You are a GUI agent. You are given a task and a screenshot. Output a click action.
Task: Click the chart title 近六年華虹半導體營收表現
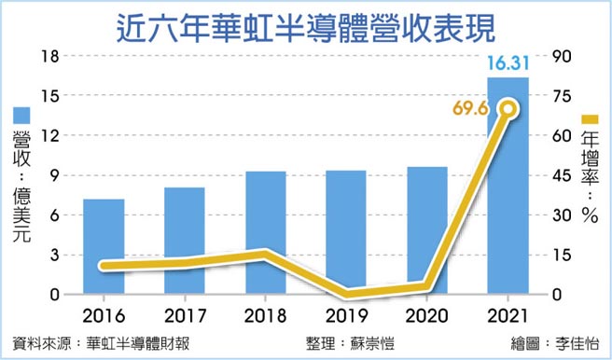tap(305, 24)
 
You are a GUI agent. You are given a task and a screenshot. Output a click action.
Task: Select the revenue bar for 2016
tap(104, 246)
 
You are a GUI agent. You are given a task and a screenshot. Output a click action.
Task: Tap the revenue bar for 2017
tap(185, 241)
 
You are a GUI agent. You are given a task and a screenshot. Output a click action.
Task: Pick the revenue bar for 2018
tap(266, 232)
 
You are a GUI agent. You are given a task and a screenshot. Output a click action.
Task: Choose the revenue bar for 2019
tap(346, 232)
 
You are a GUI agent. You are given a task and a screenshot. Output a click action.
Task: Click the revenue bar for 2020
tap(427, 230)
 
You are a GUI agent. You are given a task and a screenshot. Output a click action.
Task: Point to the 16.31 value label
tap(508, 63)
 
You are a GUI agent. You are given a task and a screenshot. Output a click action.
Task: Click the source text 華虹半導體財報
tap(137, 342)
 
